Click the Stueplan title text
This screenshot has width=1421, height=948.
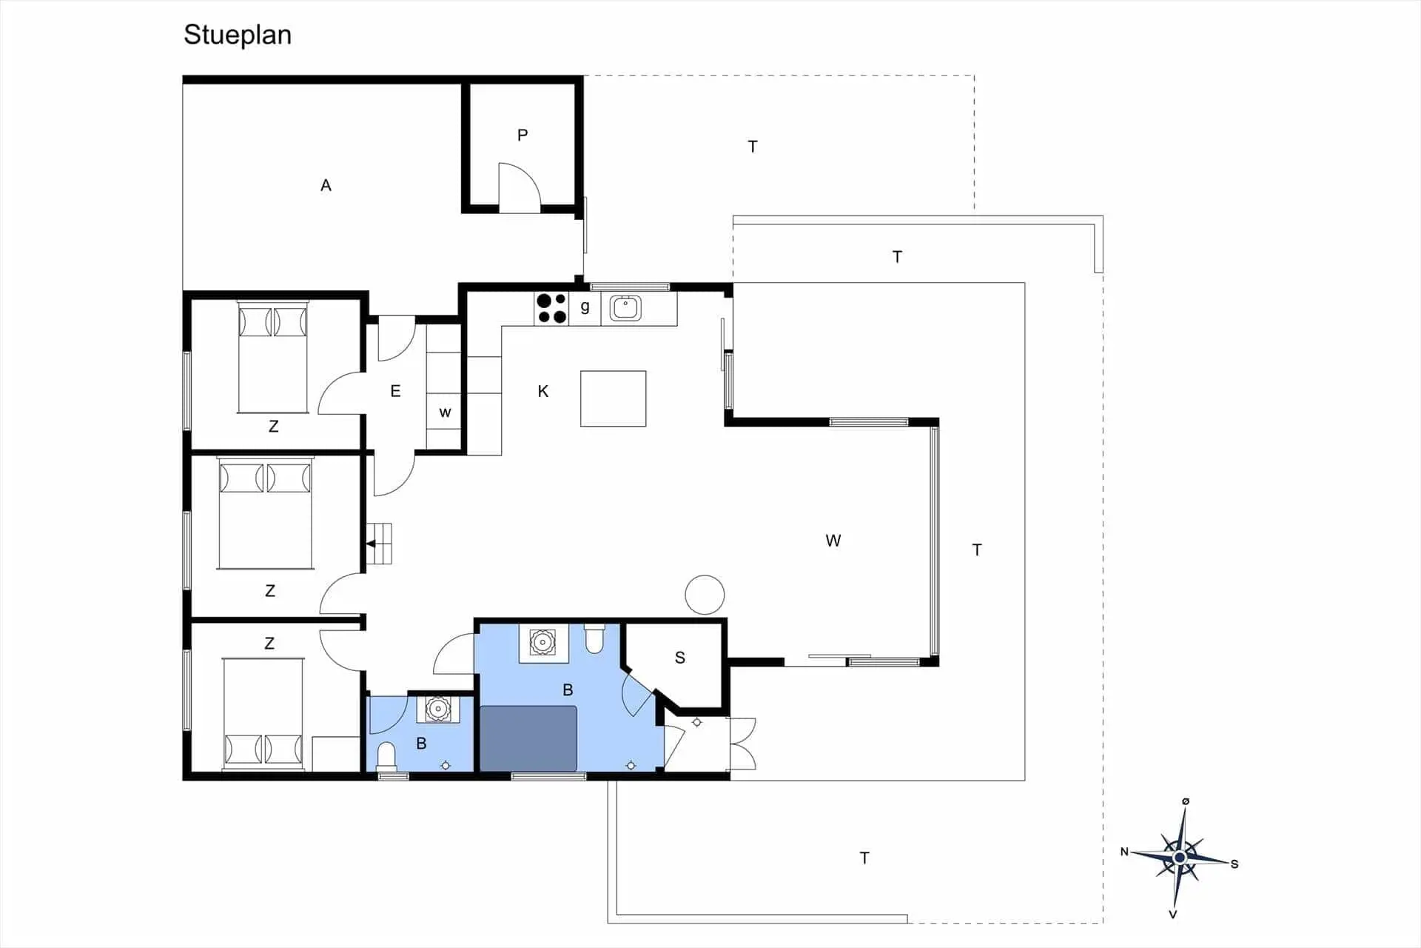tap(238, 36)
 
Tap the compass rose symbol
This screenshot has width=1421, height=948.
tap(1180, 858)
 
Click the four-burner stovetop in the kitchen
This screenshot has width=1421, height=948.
tap(551, 308)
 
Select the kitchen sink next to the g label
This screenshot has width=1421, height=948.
tap(625, 308)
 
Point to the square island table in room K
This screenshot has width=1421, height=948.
tap(613, 398)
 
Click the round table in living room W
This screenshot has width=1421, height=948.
tap(705, 594)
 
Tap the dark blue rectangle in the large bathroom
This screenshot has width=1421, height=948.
tap(528, 738)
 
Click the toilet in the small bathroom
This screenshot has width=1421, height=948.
tap(386, 757)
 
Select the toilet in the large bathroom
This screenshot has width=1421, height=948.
tap(594, 639)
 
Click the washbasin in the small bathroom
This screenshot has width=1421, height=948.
tap(438, 709)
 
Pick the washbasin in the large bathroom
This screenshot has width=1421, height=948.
tap(543, 642)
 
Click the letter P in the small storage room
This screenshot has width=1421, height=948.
tap(523, 136)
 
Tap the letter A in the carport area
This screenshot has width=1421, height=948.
tap(326, 185)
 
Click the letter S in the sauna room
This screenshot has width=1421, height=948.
tap(680, 658)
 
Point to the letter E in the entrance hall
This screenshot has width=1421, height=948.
tap(395, 391)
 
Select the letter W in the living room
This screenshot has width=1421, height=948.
tap(833, 541)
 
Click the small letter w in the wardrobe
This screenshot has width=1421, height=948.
tap(445, 413)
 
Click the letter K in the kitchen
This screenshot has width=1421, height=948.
tap(543, 391)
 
